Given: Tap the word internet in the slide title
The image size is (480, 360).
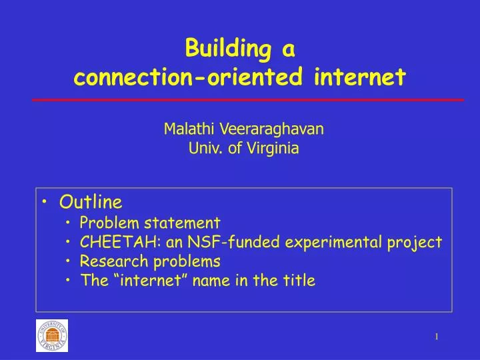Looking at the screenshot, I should point(359,78).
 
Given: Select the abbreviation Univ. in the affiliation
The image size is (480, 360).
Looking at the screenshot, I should point(205,149).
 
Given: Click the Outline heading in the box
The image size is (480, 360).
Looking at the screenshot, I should point(91,201).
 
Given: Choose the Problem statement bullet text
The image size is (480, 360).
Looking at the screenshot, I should point(150,222).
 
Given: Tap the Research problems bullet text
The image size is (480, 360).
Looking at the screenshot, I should point(150,261).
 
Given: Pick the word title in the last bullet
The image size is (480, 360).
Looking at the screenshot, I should point(299,280).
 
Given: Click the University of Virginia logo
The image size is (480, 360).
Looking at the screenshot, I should point(52,335).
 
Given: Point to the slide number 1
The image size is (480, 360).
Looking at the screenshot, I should point(437,337).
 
